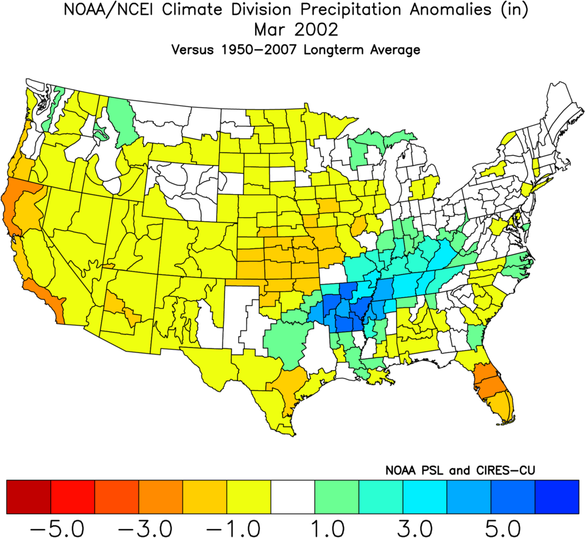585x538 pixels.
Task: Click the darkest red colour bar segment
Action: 28,496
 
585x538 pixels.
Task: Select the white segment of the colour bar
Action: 293,496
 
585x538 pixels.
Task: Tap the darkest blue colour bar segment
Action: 556,496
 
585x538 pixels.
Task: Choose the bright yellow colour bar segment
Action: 249,496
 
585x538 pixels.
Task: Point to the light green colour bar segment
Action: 337,496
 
